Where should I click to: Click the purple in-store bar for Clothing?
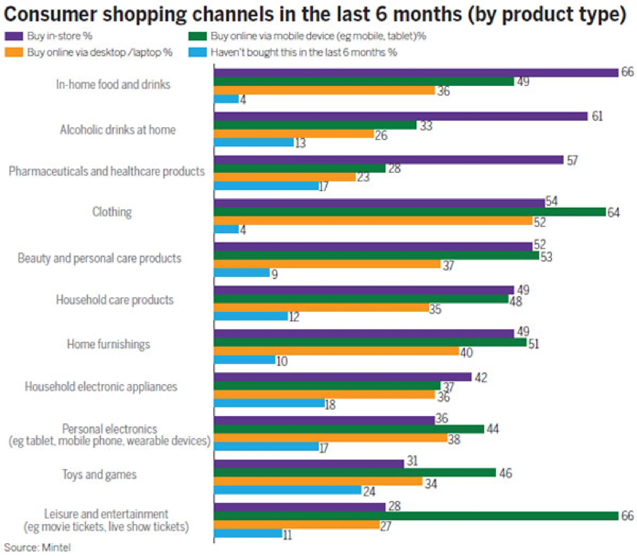379,203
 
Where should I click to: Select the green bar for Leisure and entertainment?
416,516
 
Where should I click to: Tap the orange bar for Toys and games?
318,481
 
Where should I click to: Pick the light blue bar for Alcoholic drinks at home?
254,142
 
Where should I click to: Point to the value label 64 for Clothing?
613,212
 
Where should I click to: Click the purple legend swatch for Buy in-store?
14,36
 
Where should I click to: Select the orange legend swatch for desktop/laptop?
14,52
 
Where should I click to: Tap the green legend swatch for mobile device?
197,36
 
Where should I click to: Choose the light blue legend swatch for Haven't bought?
197,52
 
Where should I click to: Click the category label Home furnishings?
108,344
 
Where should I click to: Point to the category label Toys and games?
99,474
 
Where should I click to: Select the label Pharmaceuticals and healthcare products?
106,171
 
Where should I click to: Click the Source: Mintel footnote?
37,547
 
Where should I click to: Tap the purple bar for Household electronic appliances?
342,377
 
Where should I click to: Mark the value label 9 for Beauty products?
274,274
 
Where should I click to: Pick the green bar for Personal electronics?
349,429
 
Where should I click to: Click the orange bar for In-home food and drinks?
324,90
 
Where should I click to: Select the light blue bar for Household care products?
251,316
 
